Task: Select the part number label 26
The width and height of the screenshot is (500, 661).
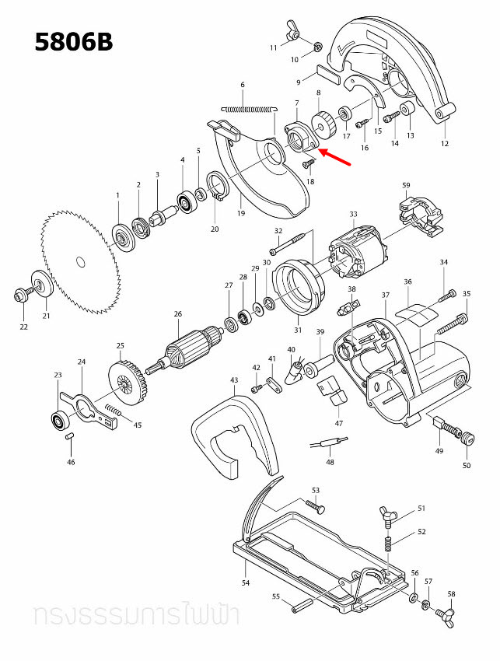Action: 178,314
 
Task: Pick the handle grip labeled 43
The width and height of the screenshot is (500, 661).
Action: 233,435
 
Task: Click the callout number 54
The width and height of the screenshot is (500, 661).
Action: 245,582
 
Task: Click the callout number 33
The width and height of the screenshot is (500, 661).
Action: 353,214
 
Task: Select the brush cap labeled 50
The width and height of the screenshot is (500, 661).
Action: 467,440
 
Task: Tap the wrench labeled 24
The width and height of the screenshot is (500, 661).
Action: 89,400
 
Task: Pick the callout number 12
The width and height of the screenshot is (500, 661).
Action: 444,143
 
